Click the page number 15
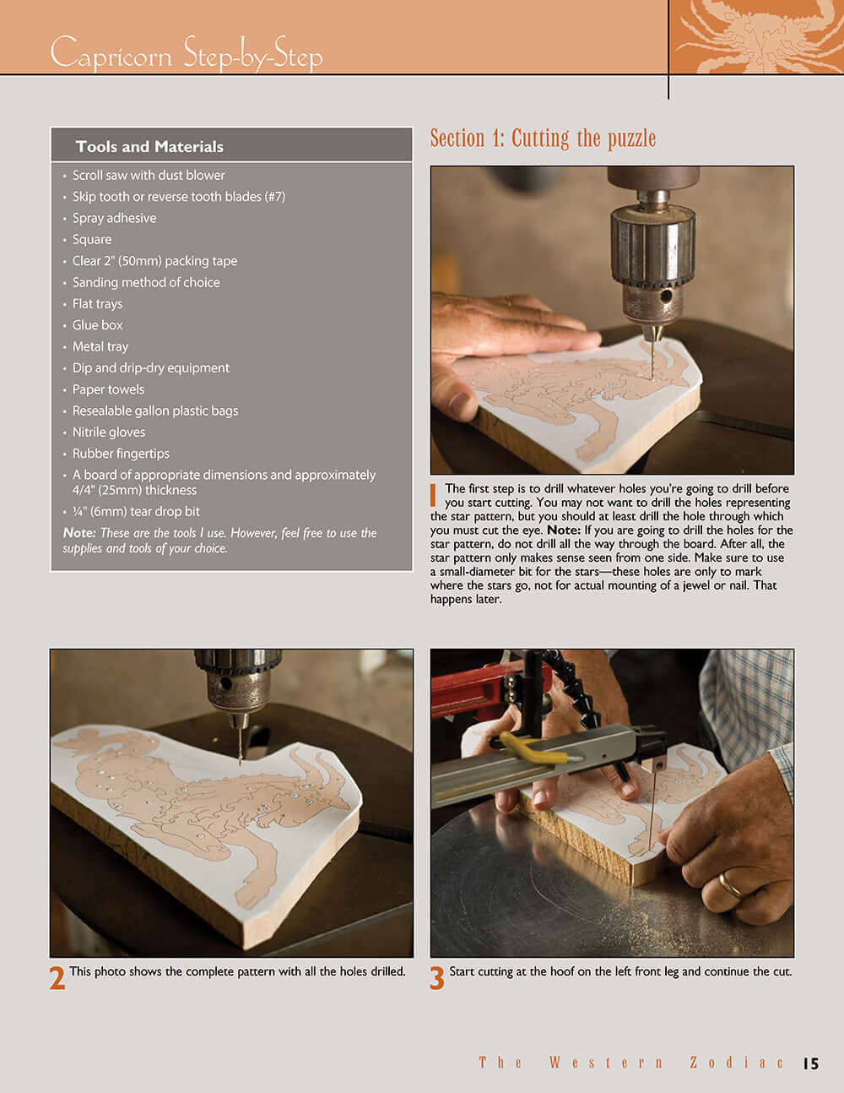pos(810,1063)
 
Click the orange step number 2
pos(57,978)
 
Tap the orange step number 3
pos(437,978)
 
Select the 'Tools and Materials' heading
pos(149,146)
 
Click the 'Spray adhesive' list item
pos(114,218)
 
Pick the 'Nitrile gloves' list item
pos(108,432)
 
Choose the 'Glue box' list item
pos(97,325)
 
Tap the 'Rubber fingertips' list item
pos(121,454)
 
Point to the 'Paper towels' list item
pos(108,389)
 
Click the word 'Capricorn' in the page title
pos(111,54)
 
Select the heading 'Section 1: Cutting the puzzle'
pos(543,139)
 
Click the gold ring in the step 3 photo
pos(732,884)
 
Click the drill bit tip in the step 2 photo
pos(241,761)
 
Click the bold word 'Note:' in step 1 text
pos(563,530)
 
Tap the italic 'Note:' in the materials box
pos(79,533)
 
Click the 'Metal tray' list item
pos(100,346)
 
